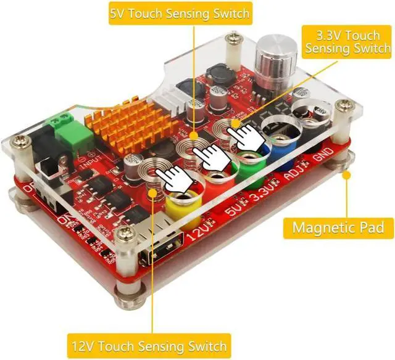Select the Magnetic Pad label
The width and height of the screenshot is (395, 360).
338,227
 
